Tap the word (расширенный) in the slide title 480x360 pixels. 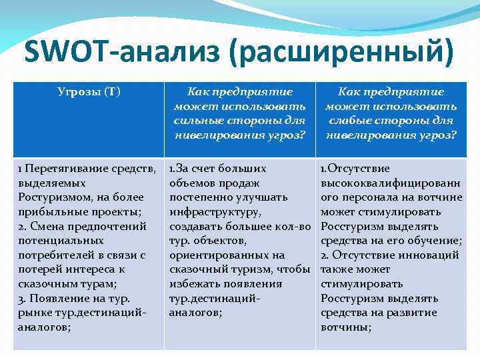341,51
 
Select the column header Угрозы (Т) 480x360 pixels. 88,92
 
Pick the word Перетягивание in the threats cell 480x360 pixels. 58,168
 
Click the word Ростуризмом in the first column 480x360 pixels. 49,197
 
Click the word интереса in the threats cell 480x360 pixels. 100,269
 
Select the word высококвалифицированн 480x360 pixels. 390,183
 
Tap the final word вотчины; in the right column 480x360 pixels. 345,327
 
